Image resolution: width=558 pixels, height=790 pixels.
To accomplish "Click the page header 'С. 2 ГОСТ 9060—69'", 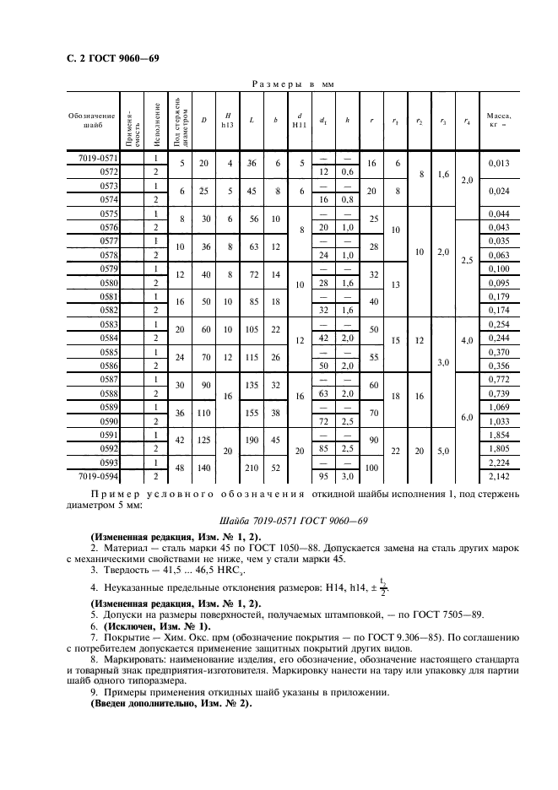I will tap(107, 59).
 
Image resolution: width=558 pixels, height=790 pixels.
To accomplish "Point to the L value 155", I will tap(251, 414).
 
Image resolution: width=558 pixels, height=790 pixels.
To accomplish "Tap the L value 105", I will tap(251, 329).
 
